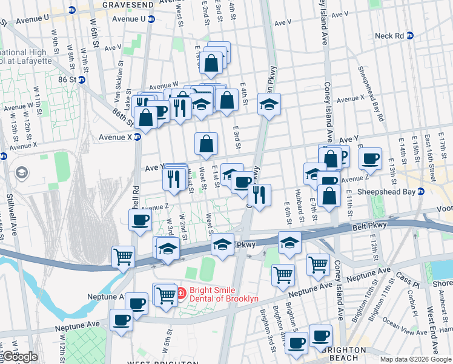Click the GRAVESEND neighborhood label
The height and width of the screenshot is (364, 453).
128,4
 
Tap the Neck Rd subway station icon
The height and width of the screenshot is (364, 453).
410,36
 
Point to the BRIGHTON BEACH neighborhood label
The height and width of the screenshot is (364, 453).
344,350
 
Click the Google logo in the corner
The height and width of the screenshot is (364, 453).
19,357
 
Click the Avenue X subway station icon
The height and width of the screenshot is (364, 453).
137,137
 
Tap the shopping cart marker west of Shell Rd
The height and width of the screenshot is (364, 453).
123,255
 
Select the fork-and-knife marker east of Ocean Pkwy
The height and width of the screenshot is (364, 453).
259,195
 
